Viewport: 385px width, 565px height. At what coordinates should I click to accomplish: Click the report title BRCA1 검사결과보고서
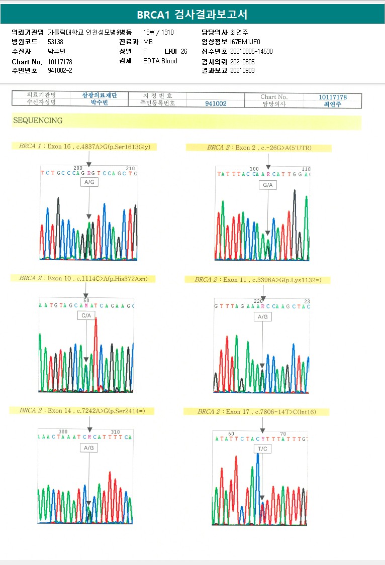coord(192,15)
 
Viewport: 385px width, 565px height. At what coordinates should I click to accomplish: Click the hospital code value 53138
coord(55,42)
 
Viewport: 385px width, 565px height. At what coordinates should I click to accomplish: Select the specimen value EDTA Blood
coord(160,61)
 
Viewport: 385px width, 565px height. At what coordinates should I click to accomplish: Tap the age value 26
coord(184,51)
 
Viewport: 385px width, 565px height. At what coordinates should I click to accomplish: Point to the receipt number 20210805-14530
coord(251,51)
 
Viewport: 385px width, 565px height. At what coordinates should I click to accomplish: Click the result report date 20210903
coord(242,70)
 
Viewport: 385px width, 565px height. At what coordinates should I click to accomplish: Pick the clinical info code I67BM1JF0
coord(245,42)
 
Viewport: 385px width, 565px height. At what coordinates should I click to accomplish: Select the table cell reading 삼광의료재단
coord(100,95)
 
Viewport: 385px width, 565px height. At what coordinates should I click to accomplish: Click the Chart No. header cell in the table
coord(274,97)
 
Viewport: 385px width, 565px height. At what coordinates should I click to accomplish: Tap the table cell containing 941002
coord(216,103)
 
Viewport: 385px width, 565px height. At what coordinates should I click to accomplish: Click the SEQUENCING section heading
coord(38,121)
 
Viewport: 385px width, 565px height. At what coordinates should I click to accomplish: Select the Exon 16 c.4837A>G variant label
coord(84,147)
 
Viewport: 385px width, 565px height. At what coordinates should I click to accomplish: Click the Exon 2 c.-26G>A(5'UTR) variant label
coord(259,148)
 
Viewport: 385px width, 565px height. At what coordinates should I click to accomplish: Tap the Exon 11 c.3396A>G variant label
coord(257,280)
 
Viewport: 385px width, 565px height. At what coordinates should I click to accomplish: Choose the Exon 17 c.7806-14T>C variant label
coord(256,412)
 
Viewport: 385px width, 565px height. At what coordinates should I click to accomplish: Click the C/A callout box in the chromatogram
coord(86,315)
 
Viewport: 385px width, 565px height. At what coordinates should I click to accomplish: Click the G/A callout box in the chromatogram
coord(268,185)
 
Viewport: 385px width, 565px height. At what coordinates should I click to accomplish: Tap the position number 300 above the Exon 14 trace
coord(63,432)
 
